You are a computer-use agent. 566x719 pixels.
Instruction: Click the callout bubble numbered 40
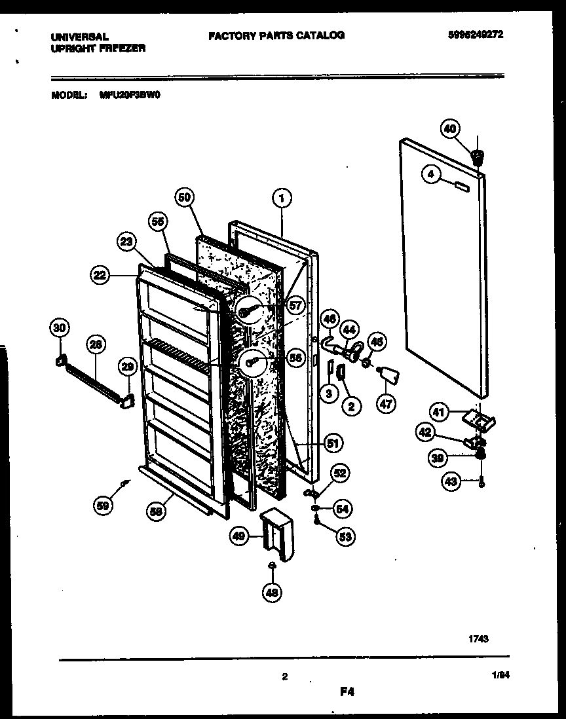point(449,129)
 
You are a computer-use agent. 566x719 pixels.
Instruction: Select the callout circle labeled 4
point(430,175)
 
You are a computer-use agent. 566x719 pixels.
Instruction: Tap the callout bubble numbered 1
point(282,195)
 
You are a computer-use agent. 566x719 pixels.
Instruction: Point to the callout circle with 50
point(185,196)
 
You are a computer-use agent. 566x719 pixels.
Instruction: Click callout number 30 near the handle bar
point(60,328)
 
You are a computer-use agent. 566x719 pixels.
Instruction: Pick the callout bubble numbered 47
point(386,404)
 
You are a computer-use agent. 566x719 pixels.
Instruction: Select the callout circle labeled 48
point(271,593)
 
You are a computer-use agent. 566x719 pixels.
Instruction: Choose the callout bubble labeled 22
point(100,276)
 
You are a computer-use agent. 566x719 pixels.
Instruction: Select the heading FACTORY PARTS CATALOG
point(276,35)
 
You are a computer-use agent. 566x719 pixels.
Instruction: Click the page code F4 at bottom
point(347,691)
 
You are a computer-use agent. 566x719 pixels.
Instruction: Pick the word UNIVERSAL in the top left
point(79,37)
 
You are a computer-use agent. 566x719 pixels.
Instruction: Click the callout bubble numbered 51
point(333,444)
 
